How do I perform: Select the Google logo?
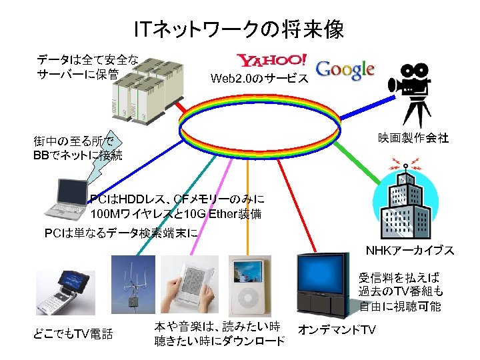[345, 69]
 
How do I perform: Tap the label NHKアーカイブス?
[409, 251]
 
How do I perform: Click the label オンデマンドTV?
[337, 330]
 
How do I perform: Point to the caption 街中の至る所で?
[74, 141]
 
